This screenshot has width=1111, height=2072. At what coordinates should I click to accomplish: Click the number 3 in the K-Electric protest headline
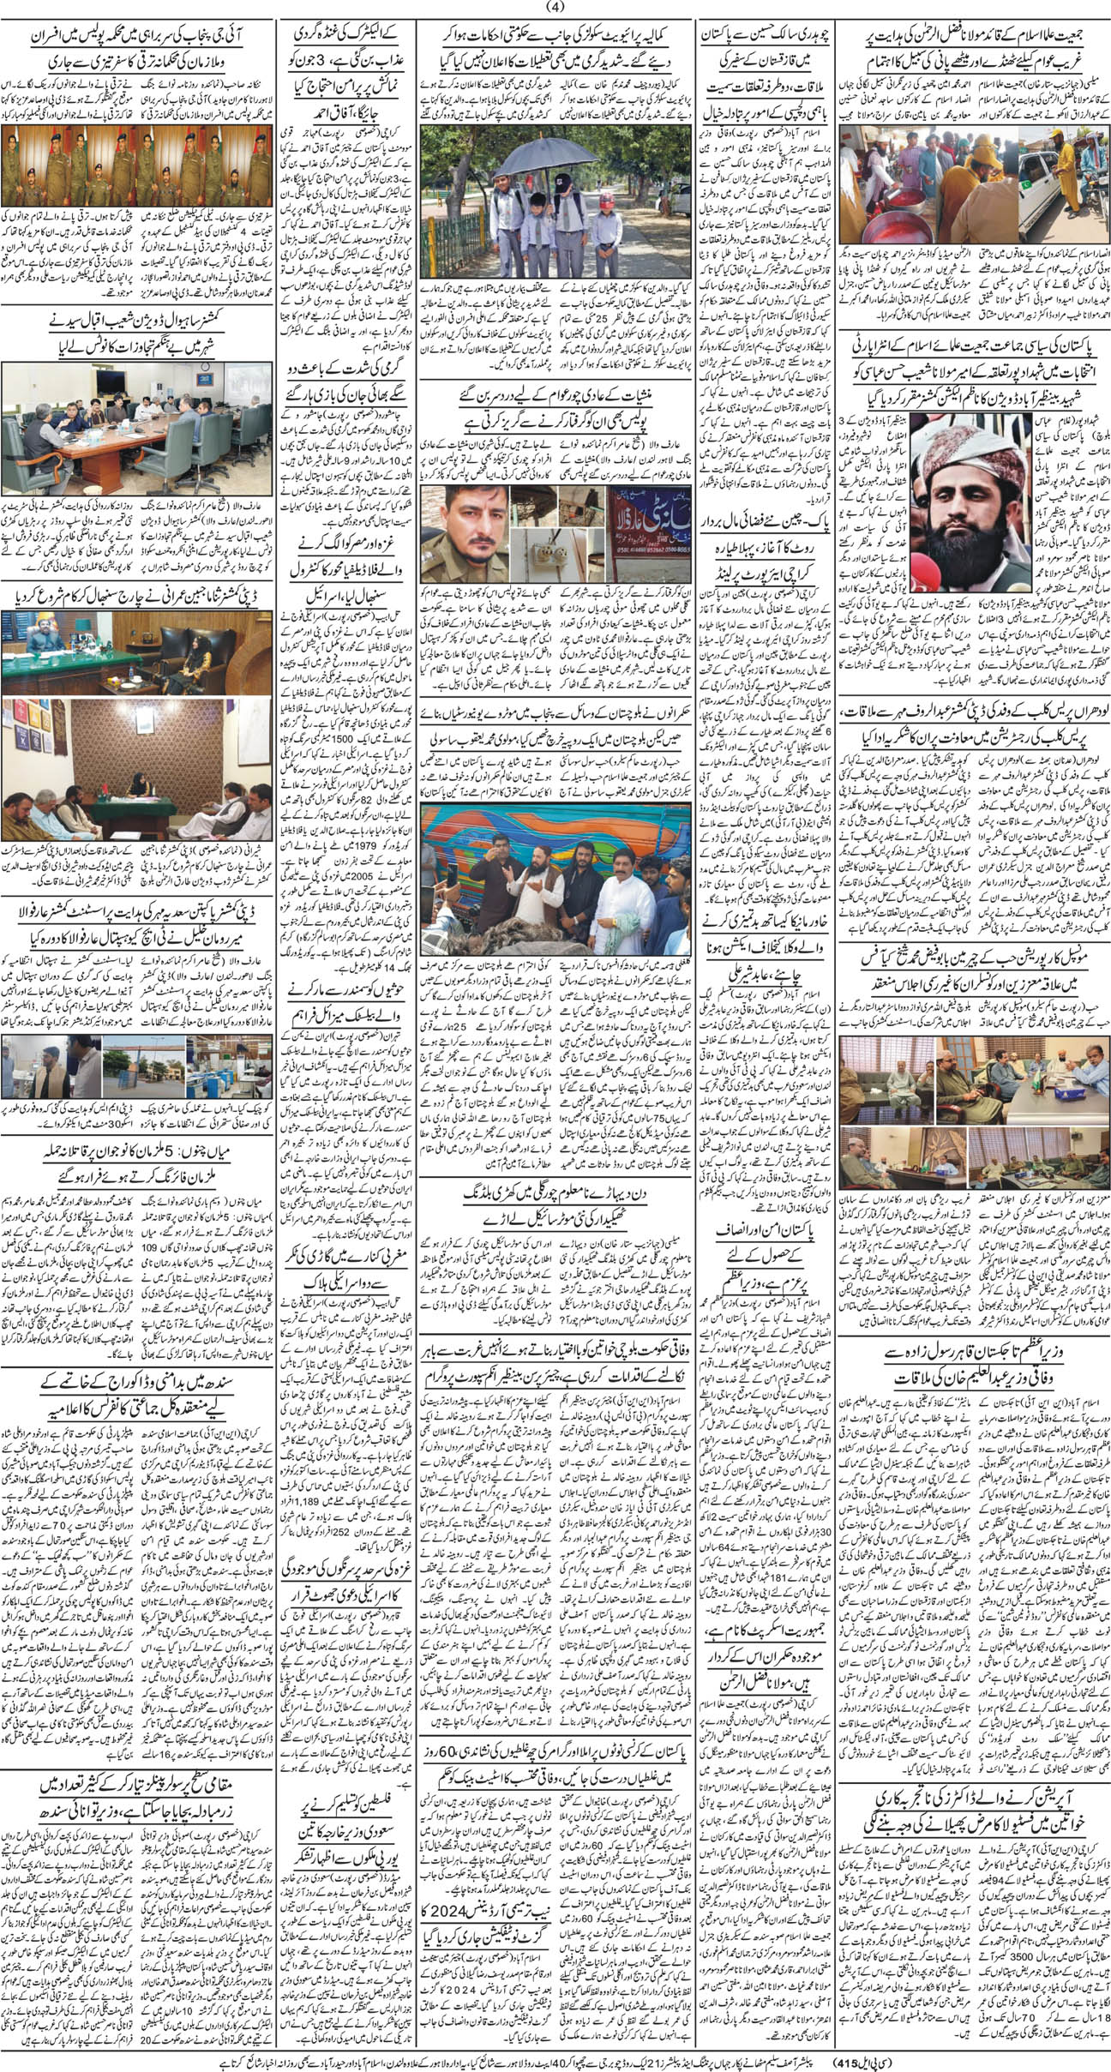coord(352,83)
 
